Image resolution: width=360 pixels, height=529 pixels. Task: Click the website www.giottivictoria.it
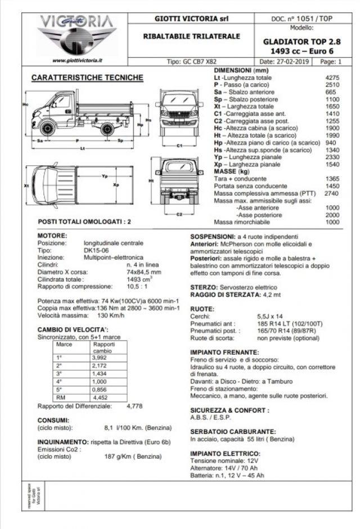[76, 61]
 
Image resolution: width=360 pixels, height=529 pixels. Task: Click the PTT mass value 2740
[332, 193]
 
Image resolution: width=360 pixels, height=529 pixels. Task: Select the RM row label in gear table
[60, 397]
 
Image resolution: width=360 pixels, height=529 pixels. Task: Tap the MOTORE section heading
[52, 236]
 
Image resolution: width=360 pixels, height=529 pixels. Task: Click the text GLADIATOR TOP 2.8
[301, 42]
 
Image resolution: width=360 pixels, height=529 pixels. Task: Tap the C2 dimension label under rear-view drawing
[179, 214]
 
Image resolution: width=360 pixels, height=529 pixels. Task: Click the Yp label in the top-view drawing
[105, 176]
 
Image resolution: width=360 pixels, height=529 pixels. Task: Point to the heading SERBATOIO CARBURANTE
[232, 431]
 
